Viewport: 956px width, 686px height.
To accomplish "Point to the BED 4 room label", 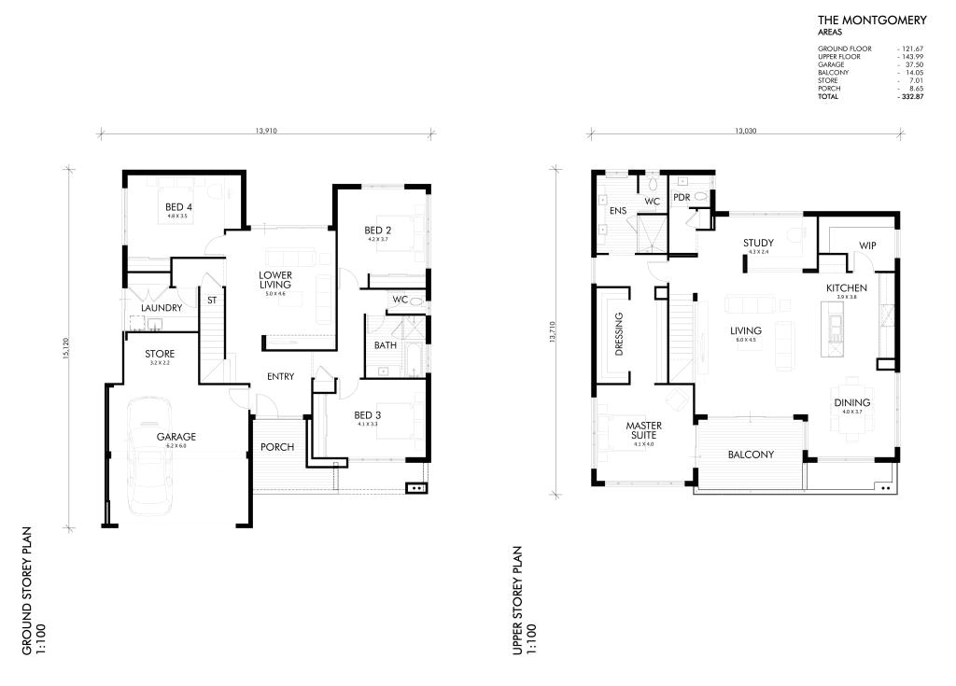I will [178, 207].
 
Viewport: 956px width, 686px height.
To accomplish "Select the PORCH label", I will [277, 447].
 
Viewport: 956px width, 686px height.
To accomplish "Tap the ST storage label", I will [212, 301].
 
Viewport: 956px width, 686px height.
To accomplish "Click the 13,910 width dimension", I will [264, 132].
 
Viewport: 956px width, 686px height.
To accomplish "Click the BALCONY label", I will [751, 455].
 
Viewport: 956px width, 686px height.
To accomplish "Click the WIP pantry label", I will [867, 245].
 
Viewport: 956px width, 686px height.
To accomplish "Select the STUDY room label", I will [758, 244].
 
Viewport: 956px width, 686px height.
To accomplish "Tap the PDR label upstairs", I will [681, 197].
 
